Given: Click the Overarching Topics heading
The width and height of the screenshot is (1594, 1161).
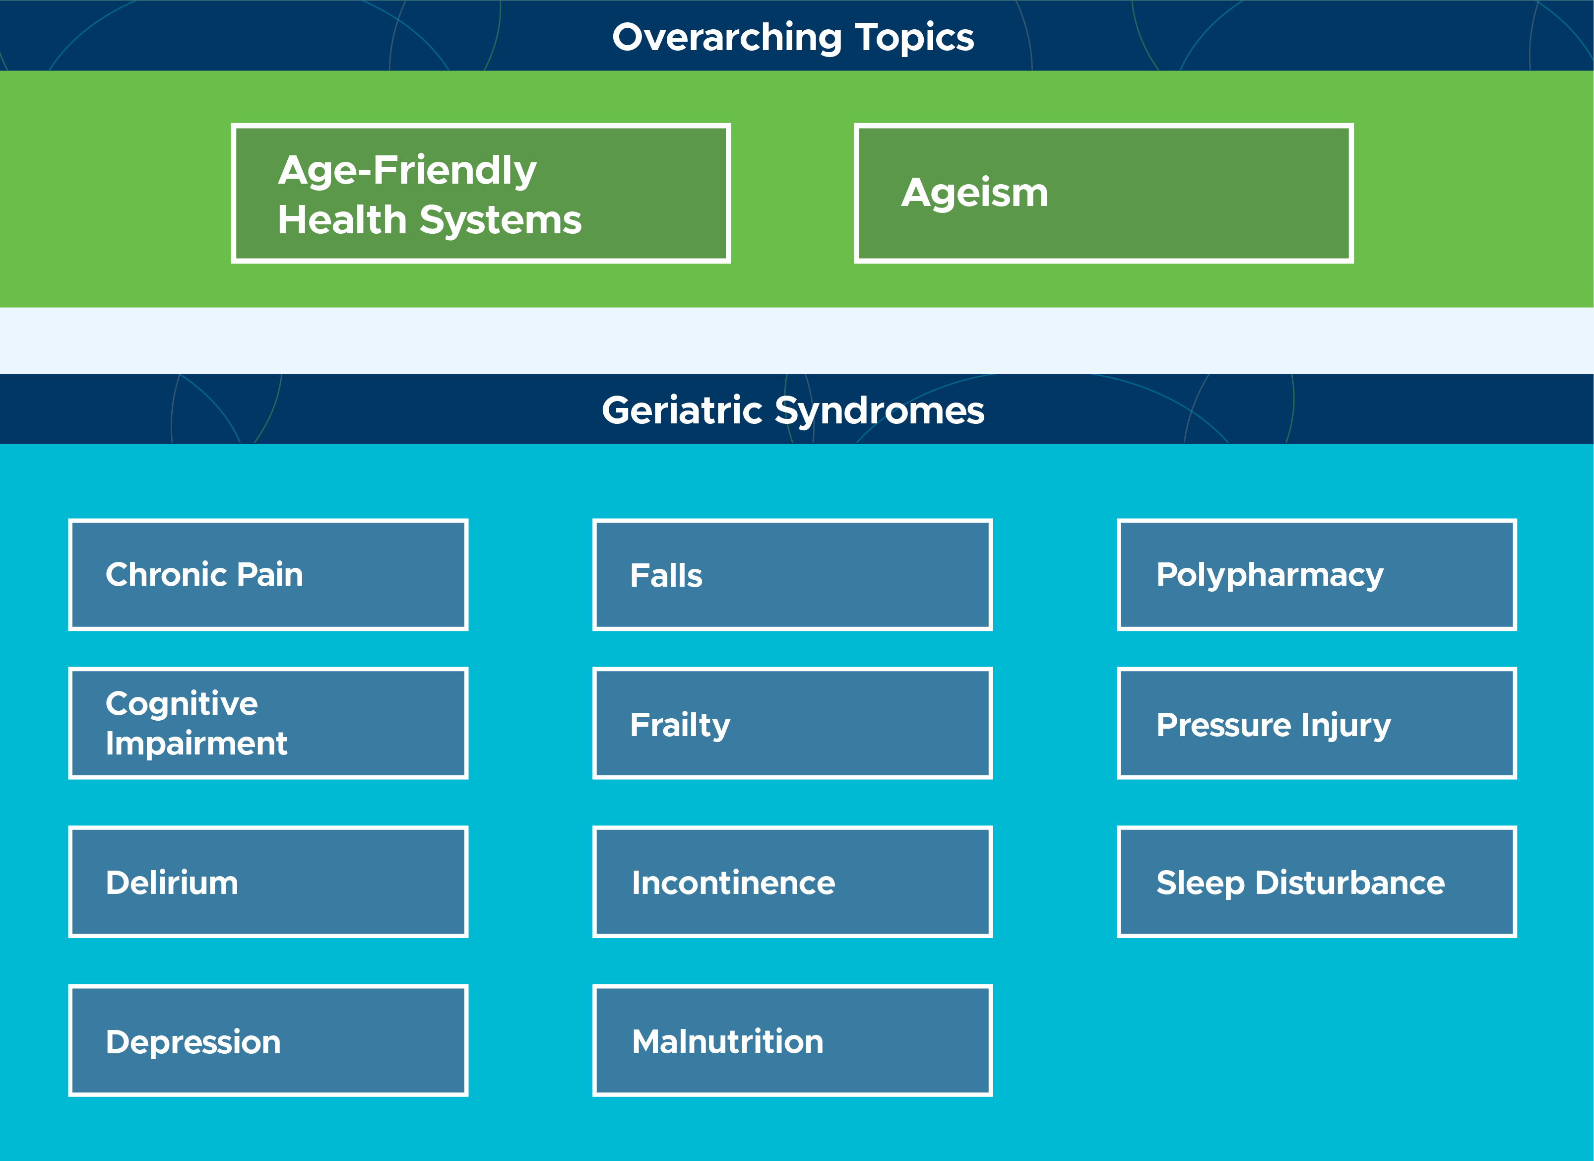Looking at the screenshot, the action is pos(793,37).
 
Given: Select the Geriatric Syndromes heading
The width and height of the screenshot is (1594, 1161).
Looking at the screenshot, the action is pos(793,410).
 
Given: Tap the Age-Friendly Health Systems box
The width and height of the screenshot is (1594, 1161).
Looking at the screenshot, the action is pos(481,194).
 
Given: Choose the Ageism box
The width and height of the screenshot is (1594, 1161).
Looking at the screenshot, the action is pos(1103,194).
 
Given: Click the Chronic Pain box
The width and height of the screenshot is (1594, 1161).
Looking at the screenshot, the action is pos(268,574).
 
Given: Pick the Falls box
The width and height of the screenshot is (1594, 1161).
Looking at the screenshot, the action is pos(792,574).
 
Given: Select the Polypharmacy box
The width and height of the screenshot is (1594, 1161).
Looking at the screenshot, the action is pos(1316,574).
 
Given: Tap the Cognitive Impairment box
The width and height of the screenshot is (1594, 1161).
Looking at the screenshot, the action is pos(268,723).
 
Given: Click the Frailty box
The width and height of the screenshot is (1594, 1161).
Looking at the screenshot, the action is pos(792,723).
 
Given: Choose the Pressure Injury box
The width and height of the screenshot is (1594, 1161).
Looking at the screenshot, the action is pos(1316,723).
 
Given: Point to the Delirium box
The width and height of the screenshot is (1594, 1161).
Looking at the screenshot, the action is pos(268,882).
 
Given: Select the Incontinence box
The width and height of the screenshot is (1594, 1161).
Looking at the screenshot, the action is pos(792,882).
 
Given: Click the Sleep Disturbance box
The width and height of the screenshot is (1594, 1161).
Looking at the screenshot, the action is pos(1316,882).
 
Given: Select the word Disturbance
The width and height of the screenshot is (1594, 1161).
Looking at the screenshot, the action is pos(1349,883).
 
